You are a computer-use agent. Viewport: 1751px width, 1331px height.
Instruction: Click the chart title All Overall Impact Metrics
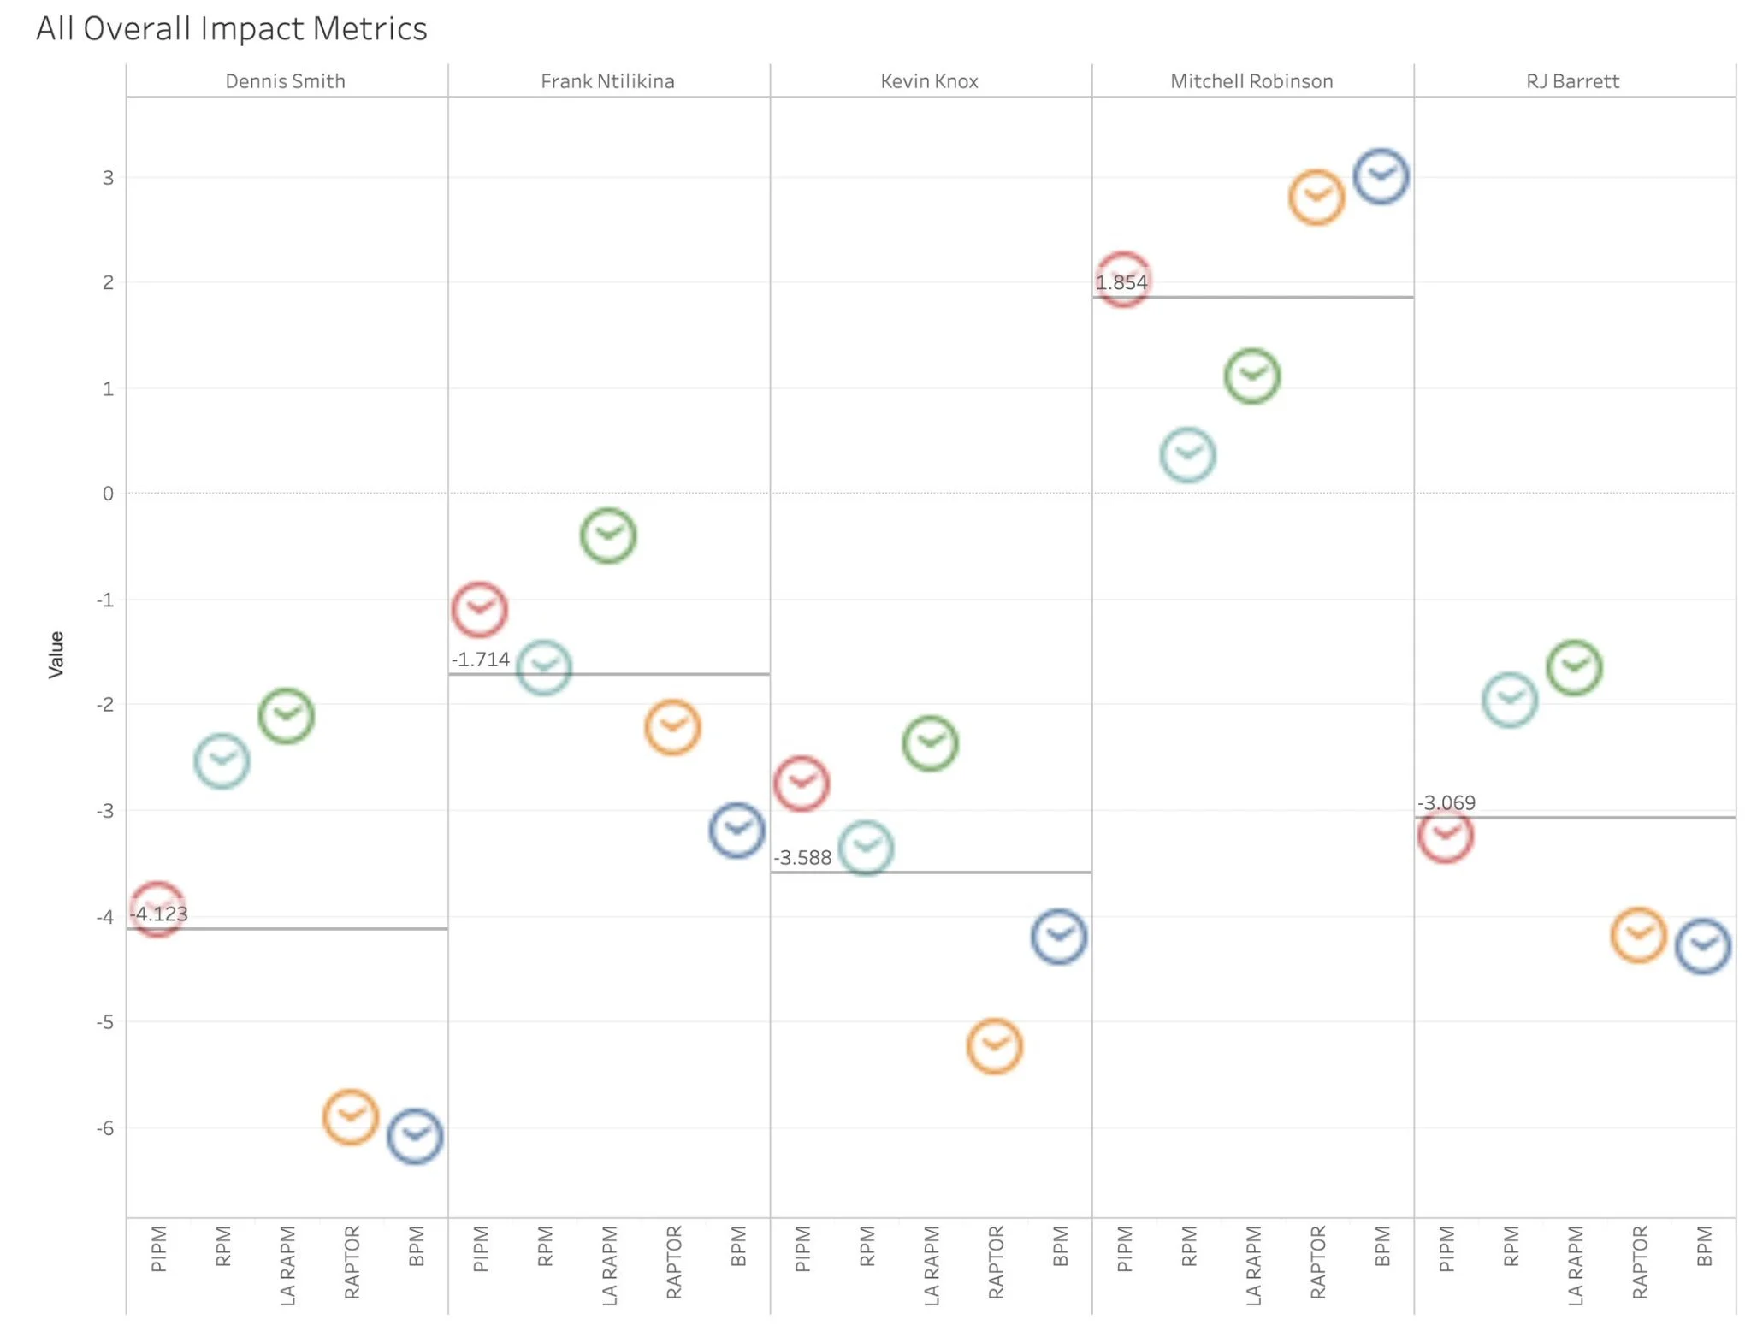pos(231,28)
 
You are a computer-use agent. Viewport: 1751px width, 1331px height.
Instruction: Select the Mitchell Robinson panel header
pos(1251,81)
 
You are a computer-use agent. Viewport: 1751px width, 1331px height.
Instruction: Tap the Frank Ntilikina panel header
pos(607,81)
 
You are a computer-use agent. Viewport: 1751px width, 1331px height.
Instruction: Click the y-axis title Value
pos(56,654)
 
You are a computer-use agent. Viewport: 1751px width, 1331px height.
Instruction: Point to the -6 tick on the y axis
pos(105,1128)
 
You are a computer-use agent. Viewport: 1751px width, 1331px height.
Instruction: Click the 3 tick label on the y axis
pos(108,178)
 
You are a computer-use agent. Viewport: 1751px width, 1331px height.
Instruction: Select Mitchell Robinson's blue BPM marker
pos(1381,177)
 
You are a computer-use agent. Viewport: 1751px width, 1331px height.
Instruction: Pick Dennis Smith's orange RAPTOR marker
pos(351,1117)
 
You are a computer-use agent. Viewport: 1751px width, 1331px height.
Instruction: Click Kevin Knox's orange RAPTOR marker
pos(995,1046)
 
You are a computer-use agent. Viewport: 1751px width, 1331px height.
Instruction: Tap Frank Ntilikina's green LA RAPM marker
pos(608,535)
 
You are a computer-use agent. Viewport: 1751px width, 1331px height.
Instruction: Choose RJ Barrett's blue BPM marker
pos(1703,947)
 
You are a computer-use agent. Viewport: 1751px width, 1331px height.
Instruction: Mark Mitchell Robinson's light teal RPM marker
pos(1188,455)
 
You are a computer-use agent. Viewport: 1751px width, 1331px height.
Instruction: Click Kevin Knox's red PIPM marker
pos(802,784)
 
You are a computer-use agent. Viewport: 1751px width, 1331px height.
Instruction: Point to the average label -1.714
pos(481,660)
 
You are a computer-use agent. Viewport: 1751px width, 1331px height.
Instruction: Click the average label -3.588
pos(802,857)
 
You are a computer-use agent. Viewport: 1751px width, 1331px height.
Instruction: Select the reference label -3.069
pos(1446,802)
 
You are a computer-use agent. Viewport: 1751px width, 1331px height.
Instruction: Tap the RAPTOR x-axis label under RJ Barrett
pos(1639,1263)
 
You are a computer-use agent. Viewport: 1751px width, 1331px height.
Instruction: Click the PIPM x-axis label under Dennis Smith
pos(158,1249)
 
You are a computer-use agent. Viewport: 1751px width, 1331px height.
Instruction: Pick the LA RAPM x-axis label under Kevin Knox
pos(931,1266)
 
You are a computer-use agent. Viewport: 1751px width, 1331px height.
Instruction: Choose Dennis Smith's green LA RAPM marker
pos(287,716)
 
